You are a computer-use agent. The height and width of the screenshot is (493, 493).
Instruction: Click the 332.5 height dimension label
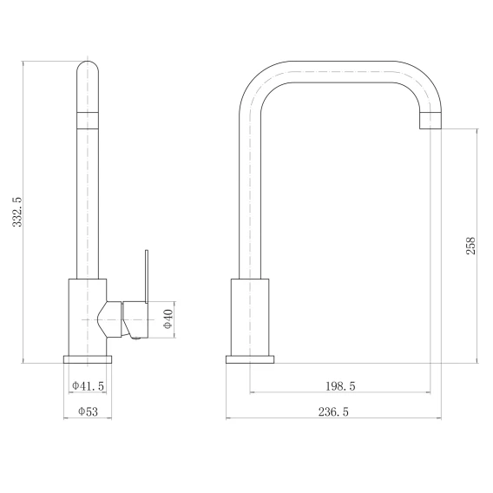click(17, 212)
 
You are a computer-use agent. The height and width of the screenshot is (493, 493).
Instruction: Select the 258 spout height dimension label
click(470, 246)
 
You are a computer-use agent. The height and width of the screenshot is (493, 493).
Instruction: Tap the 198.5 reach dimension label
click(340, 386)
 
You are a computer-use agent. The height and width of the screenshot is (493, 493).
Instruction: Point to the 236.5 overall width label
click(333, 412)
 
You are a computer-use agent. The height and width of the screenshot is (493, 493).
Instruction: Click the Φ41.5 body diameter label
click(88, 385)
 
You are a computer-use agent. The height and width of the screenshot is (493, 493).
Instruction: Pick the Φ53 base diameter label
click(88, 411)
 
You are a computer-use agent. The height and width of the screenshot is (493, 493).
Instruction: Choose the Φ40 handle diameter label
click(168, 319)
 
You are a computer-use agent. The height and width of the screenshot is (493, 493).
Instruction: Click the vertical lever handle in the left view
click(147, 277)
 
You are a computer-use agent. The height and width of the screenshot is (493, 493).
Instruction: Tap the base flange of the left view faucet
click(88, 359)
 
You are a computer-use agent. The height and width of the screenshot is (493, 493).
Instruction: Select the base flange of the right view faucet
click(250, 359)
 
